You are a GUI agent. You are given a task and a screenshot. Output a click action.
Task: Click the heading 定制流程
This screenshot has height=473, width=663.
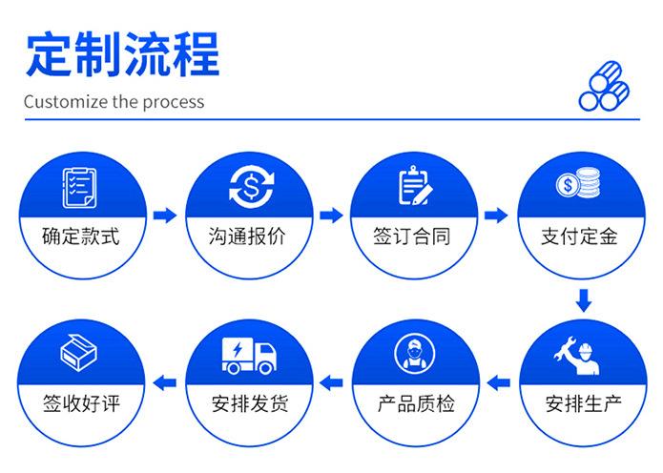click(x=123, y=53)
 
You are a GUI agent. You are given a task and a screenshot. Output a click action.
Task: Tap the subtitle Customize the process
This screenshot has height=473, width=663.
click(x=114, y=102)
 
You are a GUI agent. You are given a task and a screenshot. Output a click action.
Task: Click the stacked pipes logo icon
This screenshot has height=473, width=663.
click(x=604, y=86)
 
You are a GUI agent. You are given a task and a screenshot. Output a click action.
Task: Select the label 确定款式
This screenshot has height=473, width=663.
click(x=81, y=236)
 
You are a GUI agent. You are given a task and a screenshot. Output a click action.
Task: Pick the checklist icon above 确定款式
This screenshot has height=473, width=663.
click(x=79, y=188)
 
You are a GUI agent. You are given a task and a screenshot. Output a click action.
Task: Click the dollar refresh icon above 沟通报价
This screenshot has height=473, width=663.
click(x=251, y=187)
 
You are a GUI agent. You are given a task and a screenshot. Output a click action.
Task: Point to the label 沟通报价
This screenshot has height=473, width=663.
click(x=247, y=236)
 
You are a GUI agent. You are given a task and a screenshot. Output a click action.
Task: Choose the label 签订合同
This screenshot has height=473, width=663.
click(x=412, y=236)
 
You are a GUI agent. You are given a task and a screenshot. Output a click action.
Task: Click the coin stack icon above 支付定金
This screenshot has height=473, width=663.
click(x=578, y=182)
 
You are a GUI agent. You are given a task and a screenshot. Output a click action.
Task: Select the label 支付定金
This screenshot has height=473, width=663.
click(x=579, y=236)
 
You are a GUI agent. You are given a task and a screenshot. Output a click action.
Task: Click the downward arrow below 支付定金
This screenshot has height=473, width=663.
click(x=584, y=300)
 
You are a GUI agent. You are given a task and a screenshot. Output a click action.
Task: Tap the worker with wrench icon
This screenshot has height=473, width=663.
click(x=576, y=356)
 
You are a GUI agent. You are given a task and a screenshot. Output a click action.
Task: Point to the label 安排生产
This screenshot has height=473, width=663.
click(x=584, y=403)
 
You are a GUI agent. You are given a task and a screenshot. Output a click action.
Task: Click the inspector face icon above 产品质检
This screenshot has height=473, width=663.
click(x=415, y=354)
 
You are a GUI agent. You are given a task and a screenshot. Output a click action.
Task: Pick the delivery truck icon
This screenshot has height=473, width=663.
click(x=249, y=356)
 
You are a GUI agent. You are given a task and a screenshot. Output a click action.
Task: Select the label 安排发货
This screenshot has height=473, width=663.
click(x=250, y=403)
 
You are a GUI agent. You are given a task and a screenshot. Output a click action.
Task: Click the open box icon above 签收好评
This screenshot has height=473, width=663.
click(x=78, y=352)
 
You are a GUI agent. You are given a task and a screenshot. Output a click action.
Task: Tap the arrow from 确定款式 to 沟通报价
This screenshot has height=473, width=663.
click(x=165, y=216)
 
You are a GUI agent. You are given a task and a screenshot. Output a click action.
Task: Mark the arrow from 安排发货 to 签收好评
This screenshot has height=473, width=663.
click(x=165, y=383)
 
